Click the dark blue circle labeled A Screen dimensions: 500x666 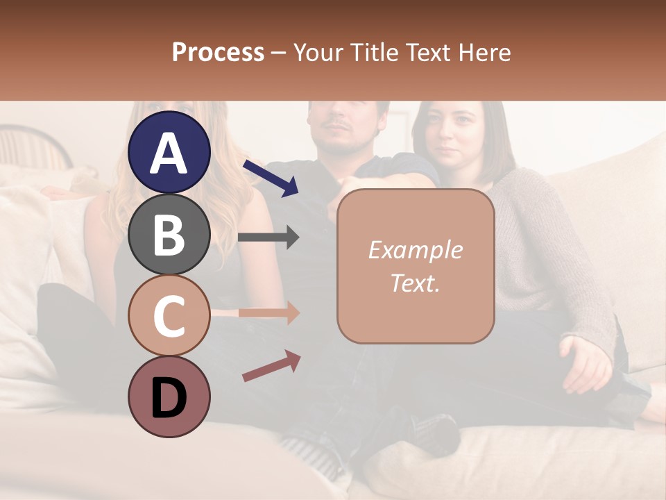tap(169, 152)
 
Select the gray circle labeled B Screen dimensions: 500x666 tap(169, 234)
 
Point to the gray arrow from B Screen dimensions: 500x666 tap(268, 237)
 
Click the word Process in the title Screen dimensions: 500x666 tap(218, 53)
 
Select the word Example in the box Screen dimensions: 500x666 tap(415, 251)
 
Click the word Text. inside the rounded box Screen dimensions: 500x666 tap(415, 283)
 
